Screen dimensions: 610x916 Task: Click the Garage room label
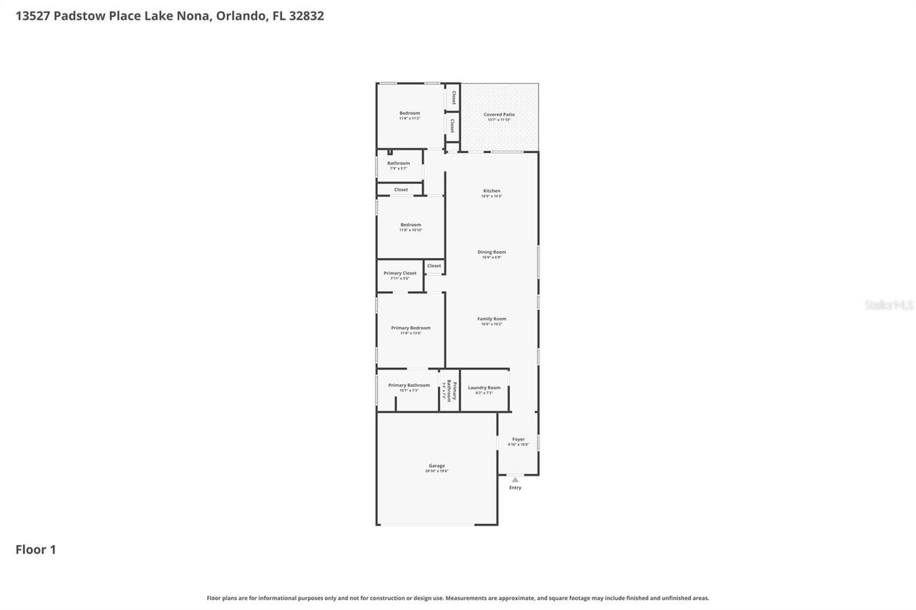click(x=437, y=466)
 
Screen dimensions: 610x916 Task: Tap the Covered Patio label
click(x=499, y=114)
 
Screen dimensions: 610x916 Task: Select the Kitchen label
click(x=492, y=191)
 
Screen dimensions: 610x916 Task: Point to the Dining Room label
click(x=492, y=252)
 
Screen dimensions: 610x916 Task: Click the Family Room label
click(x=492, y=319)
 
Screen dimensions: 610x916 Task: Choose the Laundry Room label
click(x=484, y=388)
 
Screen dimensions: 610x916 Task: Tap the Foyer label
click(x=518, y=439)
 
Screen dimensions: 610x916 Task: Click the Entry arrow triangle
click(x=515, y=479)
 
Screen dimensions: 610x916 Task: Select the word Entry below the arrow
click(x=515, y=488)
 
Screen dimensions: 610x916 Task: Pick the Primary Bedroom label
click(x=411, y=328)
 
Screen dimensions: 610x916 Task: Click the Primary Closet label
click(x=400, y=273)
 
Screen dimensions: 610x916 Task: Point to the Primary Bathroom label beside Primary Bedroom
click(x=409, y=385)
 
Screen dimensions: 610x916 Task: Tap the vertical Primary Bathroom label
click(x=450, y=390)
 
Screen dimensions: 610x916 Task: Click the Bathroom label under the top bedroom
click(x=399, y=163)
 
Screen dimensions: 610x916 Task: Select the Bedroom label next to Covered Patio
click(x=409, y=113)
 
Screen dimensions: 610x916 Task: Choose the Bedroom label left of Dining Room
click(x=411, y=225)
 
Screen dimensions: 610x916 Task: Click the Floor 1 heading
click(x=36, y=549)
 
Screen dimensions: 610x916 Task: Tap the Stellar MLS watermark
click(x=889, y=305)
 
